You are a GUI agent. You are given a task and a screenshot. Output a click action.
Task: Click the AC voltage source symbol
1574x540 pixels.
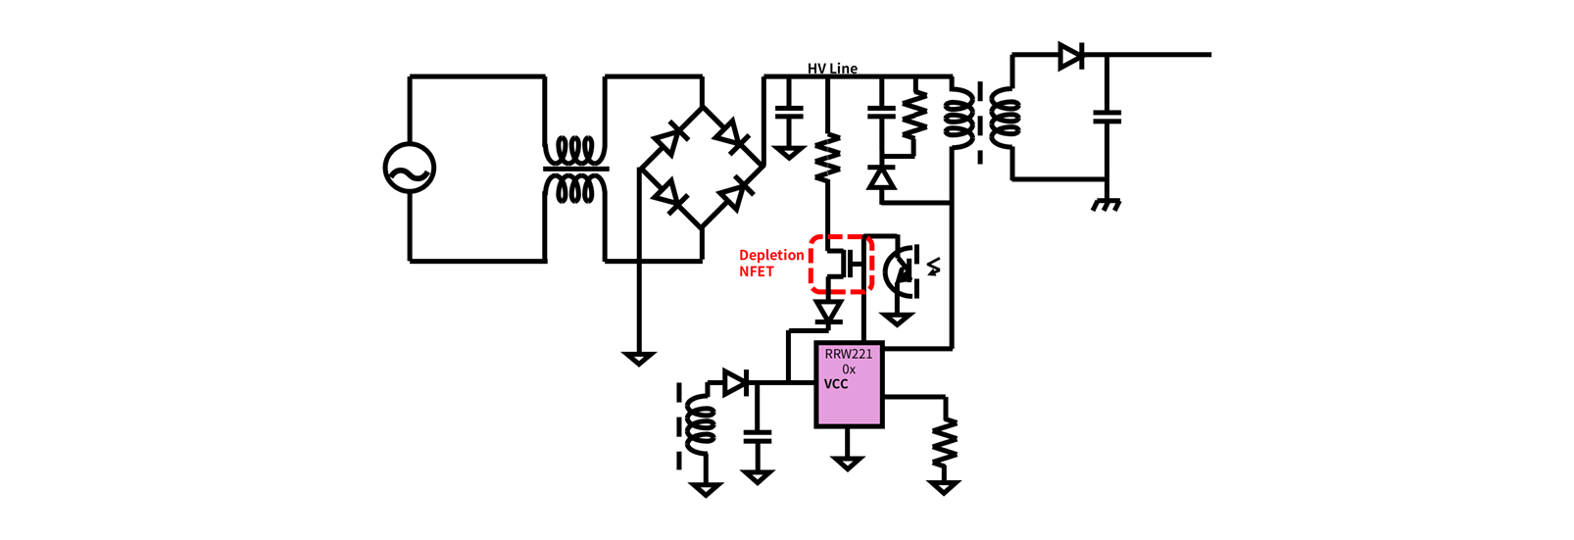pyautogui.click(x=410, y=169)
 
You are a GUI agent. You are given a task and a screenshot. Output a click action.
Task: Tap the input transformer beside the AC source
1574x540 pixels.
pyautogui.click(x=575, y=170)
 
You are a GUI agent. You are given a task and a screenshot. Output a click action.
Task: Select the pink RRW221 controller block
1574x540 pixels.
pyautogui.click(x=849, y=385)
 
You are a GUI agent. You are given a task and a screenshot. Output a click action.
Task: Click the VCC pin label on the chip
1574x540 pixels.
pyautogui.click(x=836, y=384)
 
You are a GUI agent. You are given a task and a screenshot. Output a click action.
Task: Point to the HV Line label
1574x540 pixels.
pyautogui.click(x=833, y=69)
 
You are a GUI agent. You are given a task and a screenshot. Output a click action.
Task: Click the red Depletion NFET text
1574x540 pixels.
pyautogui.click(x=771, y=264)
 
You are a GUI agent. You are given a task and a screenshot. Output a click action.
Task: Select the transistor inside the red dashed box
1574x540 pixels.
pyautogui.click(x=843, y=264)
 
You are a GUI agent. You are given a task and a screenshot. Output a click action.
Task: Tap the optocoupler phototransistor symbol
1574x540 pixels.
pyautogui.click(x=902, y=270)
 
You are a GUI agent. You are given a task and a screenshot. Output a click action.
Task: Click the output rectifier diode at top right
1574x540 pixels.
pyautogui.click(x=1071, y=55)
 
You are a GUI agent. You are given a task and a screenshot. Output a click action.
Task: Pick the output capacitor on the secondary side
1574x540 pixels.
pyautogui.click(x=1107, y=117)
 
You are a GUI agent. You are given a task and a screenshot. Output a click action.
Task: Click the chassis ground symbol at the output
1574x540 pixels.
pyautogui.click(x=1107, y=205)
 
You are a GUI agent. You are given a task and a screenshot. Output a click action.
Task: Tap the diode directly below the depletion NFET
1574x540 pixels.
pyautogui.click(x=828, y=312)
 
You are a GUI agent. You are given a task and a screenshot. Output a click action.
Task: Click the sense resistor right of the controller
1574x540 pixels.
pyautogui.click(x=945, y=441)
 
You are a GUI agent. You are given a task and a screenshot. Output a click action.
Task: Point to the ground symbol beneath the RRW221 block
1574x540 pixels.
pyautogui.click(x=848, y=464)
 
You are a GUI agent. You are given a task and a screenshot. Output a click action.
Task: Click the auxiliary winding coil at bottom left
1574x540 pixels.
pyautogui.click(x=700, y=424)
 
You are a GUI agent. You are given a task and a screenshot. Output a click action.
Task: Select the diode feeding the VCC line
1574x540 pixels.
pyautogui.click(x=736, y=383)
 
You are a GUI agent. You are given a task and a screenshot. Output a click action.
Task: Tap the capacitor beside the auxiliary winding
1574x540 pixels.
pyautogui.click(x=757, y=437)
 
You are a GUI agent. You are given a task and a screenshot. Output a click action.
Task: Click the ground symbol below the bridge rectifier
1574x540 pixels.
pyautogui.click(x=639, y=359)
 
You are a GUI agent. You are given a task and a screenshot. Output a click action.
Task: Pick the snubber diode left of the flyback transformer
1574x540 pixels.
pyautogui.click(x=881, y=177)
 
